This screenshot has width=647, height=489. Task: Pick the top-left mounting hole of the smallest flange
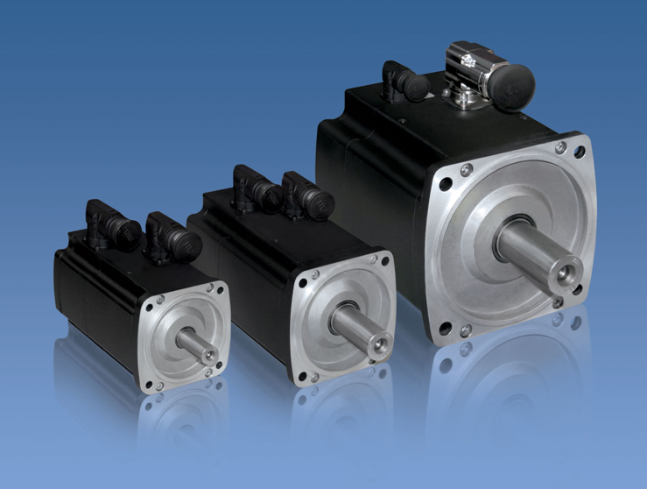[151, 308]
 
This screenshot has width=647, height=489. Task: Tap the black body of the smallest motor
[92, 298]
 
